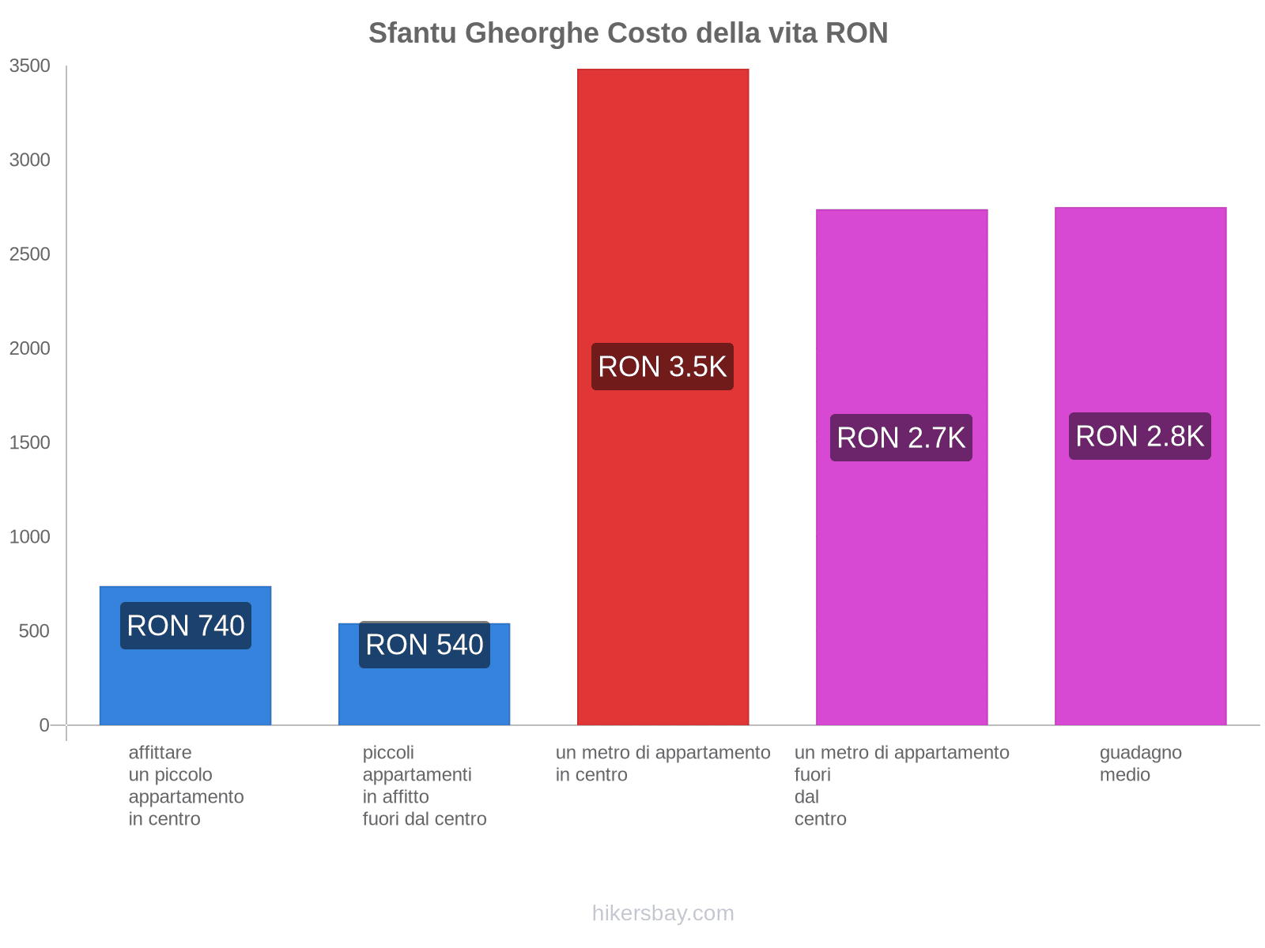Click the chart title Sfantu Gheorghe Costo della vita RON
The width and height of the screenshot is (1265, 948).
click(628, 33)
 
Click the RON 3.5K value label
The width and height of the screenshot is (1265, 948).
click(663, 367)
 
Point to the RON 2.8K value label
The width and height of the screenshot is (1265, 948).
click(1140, 436)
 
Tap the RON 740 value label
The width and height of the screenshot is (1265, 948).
click(186, 626)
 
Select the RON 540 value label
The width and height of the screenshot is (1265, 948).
click(425, 645)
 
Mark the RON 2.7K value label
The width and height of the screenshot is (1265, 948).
click(901, 438)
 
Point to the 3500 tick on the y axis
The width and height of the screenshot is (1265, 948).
click(30, 66)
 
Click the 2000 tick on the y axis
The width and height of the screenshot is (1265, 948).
click(30, 348)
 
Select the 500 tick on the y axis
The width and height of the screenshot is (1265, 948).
click(35, 631)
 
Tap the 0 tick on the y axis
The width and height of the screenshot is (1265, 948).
click(44, 725)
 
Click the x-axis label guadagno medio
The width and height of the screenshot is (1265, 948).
click(1140, 763)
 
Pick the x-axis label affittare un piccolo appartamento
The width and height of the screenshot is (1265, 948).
click(186, 785)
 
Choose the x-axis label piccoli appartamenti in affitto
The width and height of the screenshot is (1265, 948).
click(425, 785)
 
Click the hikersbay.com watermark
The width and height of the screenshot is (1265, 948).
click(663, 913)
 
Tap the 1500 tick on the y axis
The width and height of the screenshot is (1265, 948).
click(30, 442)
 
